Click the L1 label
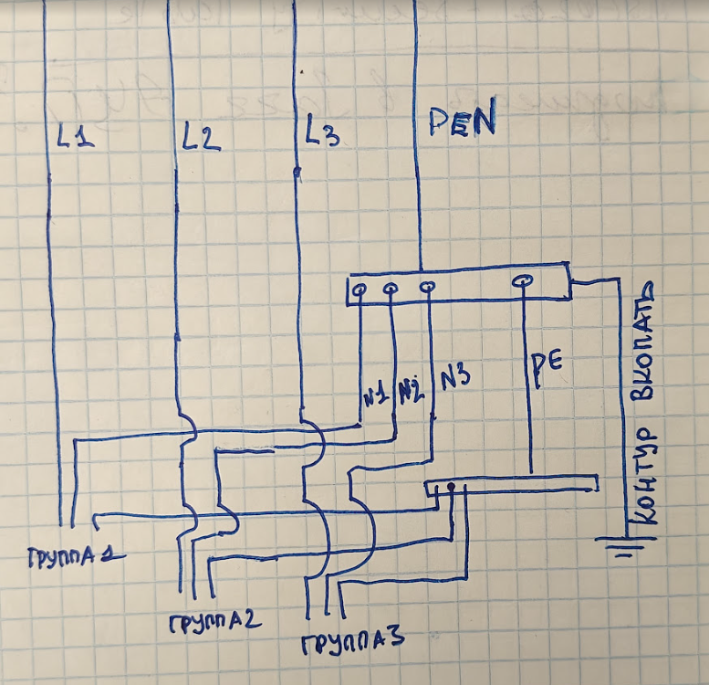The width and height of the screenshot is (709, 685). (76, 136)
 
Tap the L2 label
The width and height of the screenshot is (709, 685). (201, 136)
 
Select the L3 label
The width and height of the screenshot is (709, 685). (322, 132)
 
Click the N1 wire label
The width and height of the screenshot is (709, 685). (376, 395)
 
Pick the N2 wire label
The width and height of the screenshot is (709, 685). (412, 391)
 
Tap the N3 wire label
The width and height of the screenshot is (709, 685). (455, 378)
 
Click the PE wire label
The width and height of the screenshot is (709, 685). (547, 369)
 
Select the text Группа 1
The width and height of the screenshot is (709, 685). (76, 557)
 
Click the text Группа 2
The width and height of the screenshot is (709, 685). (215, 623)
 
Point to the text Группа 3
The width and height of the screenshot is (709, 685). (353, 642)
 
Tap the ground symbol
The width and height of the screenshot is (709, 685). (625, 546)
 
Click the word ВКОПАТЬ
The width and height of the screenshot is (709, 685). (642, 342)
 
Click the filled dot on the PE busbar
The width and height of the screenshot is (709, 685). (451, 487)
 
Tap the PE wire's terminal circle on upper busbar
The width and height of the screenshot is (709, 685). (522, 281)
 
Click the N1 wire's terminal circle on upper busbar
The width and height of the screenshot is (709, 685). (360, 290)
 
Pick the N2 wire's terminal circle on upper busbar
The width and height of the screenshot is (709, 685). (391, 288)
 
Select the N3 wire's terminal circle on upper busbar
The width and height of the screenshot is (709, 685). (427, 287)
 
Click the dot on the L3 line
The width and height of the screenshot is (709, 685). (297, 172)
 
